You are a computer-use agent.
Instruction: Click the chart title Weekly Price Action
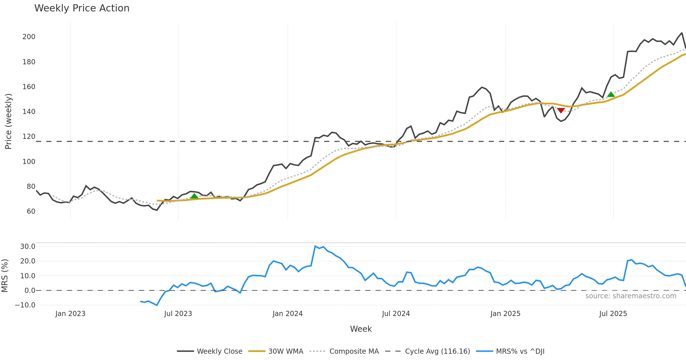coord(82,8)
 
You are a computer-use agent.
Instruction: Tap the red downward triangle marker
coord(561,110)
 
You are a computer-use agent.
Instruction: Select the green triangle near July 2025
coord(611,95)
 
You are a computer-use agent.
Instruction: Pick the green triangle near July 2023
coord(194,196)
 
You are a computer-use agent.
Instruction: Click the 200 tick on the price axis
coord(29,37)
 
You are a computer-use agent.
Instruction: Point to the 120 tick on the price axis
coord(29,137)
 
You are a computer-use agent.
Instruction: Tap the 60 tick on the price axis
coord(31,211)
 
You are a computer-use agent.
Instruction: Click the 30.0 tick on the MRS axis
coord(28,247)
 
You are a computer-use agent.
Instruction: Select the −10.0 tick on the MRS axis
coord(25,305)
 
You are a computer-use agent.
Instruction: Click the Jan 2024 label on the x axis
coord(288,314)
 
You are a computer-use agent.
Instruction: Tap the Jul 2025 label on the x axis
coord(613,314)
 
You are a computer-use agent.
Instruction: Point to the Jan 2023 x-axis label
coord(70,314)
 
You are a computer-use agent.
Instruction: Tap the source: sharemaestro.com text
coord(631,296)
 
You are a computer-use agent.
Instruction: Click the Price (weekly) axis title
coord(8,121)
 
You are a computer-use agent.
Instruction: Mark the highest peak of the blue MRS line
coord(315,246)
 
